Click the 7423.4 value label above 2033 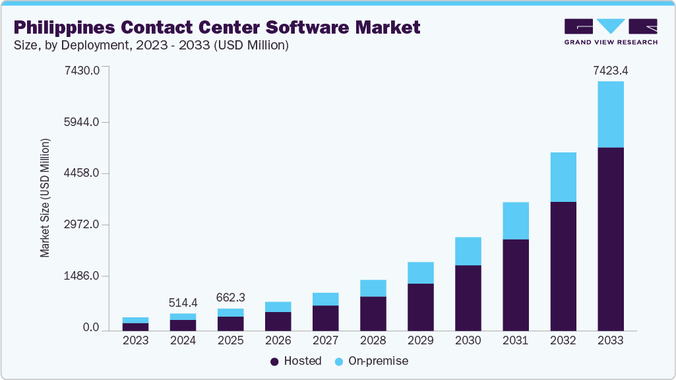pos(610,70)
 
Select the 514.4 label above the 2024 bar pos(183,303)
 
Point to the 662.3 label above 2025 pos(230,298)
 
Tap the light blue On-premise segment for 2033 pos(610,114)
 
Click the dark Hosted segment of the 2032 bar pos(563,265)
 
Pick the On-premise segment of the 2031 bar pos(515,220)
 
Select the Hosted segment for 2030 pos(468,297)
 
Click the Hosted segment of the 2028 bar pos(373,313)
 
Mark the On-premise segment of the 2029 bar pos(420,272)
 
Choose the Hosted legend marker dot pos(274,362)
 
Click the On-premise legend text pos(379,361)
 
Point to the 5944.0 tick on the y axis pos(82,122)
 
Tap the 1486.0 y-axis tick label pos(82,276)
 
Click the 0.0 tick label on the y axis pos(91,328)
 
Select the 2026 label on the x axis pos(278,341)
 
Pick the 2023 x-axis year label pos(135,341)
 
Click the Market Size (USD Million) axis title pos(45,198)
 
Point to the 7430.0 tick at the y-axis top pos(82,70)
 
